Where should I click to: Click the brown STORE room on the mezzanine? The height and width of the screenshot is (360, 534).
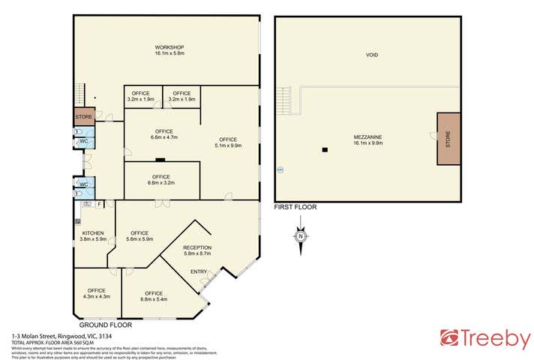click(448, 139)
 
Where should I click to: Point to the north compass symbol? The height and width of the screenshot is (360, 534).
click(300, 236)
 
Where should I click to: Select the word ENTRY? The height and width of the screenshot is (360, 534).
click(199, 271)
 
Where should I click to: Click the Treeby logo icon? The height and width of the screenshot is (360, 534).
click(450, 339)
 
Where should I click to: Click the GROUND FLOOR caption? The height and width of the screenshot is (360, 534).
click(105, 325)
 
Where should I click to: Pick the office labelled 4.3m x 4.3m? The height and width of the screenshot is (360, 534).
click(96, 293)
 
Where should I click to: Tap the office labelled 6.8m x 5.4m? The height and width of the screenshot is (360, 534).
click(154, 295)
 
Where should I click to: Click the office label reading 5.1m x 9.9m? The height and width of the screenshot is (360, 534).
click(228, 142)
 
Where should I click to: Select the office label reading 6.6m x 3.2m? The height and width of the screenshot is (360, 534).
click(162, 179)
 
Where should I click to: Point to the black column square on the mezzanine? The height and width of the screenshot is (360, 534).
click(324, 149)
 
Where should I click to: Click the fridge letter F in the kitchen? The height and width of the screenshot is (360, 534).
click(98, 203)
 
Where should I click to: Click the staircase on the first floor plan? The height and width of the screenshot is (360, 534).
click(283, 100)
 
